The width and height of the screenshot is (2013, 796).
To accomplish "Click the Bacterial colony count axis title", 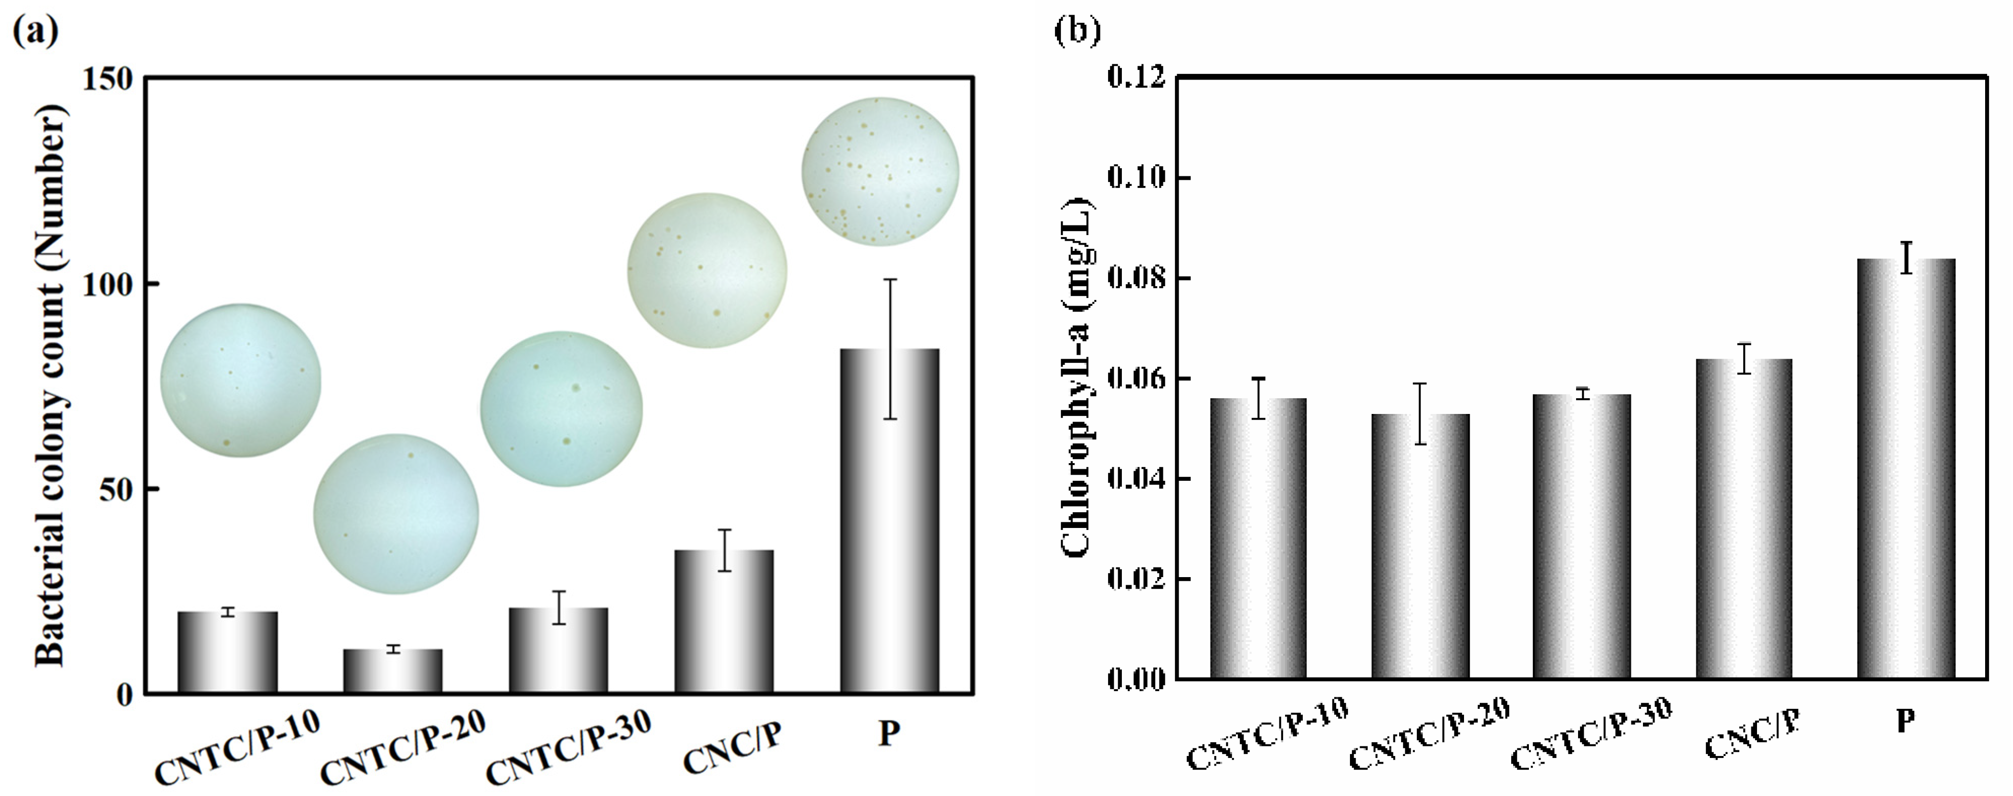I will pyautogui.click(x=51, y=387).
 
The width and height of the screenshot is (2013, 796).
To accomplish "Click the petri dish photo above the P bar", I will pyautogui.click(x=880, y=171).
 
